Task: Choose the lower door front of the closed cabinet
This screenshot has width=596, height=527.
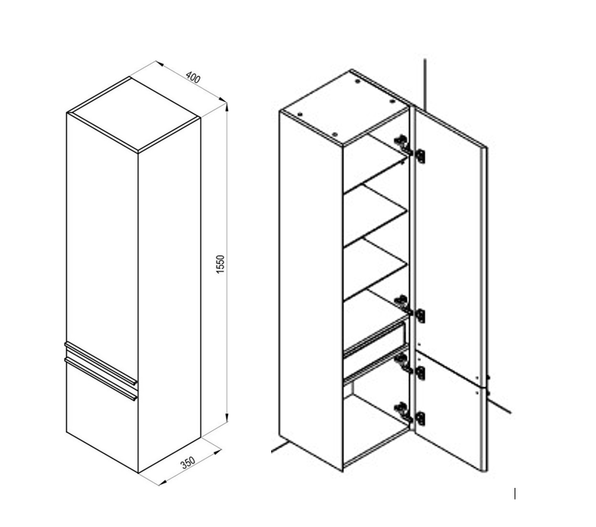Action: (100, 418)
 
